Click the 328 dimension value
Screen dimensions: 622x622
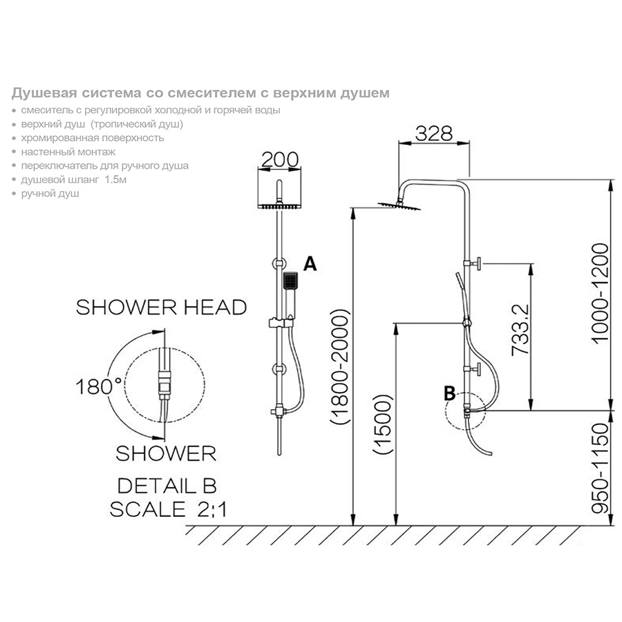pyautogui.click(x=433, y=133)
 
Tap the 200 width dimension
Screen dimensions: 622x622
pyautogui.click(x=280, y=160)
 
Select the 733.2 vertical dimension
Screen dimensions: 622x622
pyautogui.click(x=520, y=329)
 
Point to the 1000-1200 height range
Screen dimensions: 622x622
pyautogui.click(x=599, y=293)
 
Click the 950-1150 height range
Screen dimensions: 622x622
pyautogui.click(x=599, y=469)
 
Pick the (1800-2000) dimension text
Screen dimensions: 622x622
pyautogui.click(x=340, y=366)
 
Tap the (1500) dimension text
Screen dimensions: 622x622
pyautogui.click(x=383, y=424)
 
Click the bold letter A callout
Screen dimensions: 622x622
pyautogui.click(x=310, y=263)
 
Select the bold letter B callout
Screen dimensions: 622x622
pyautogui.click(x=449, y=393)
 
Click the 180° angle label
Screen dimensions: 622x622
pyautogui.click(x=99, y=386)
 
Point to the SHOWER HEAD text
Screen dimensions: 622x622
pyautogui.click(x=161, y=308)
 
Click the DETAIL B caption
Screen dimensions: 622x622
pyautogui.click(x=167, y=486)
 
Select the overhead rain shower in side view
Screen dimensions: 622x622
pyautogui.click(x=399, y=205)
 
